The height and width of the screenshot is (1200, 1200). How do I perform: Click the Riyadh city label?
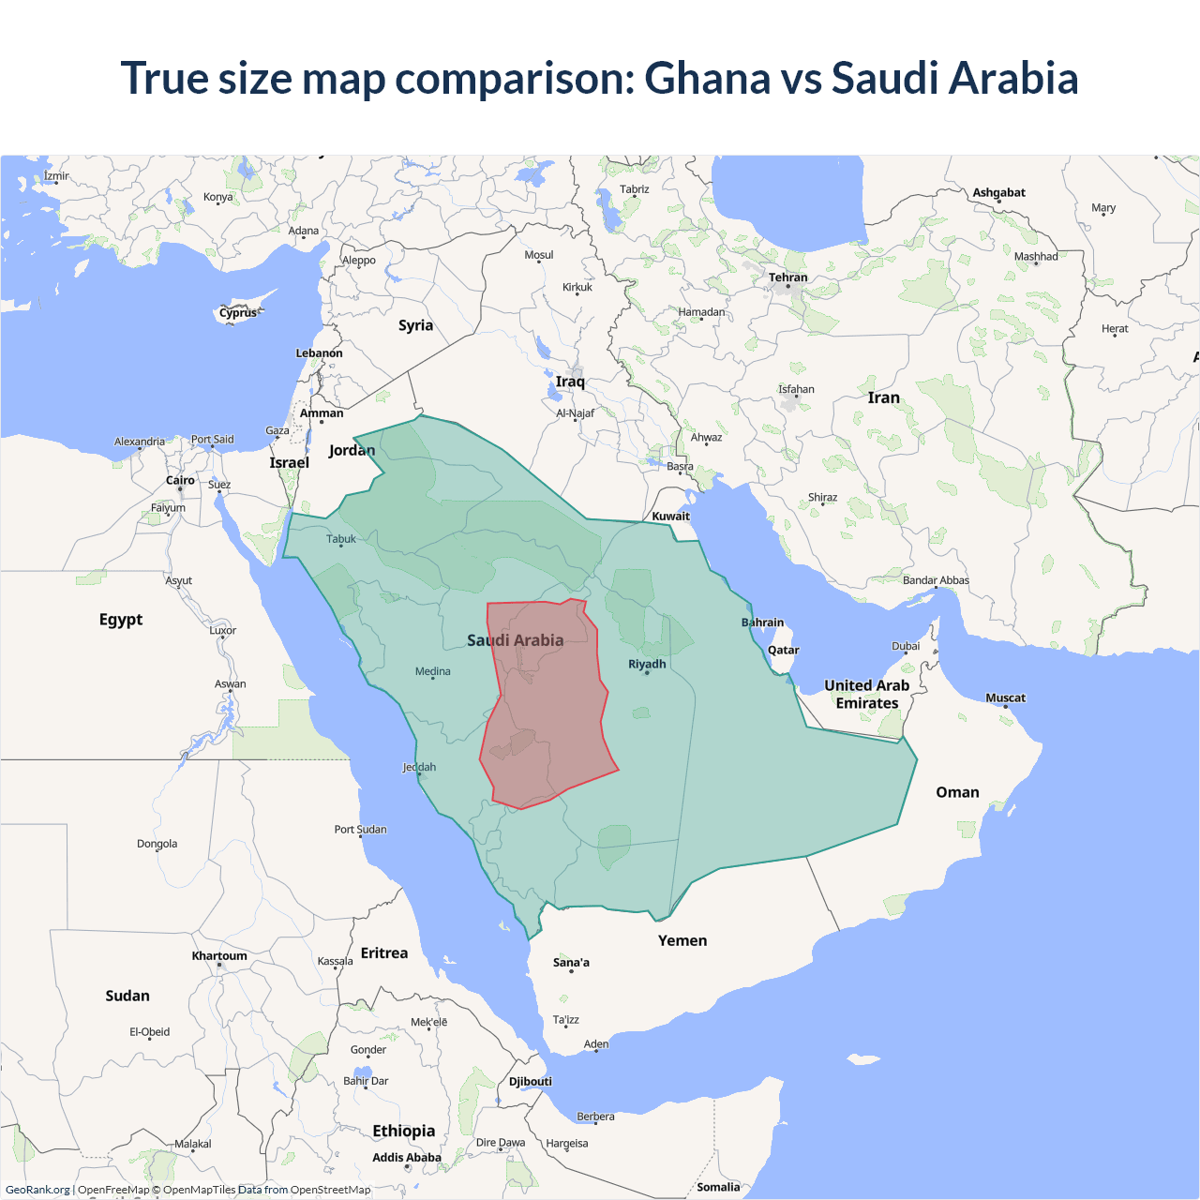pos(647,664)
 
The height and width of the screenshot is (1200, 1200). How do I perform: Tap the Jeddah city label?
pos(419,767)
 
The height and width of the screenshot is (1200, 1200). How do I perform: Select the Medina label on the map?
pos(432,671)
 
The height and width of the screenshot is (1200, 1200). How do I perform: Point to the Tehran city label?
pos(787,277)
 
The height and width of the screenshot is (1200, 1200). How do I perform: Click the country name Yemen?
pos(682,940)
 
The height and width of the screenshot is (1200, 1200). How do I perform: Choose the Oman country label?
pos(957,792)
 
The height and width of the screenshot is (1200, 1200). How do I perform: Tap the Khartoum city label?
pos(219,956)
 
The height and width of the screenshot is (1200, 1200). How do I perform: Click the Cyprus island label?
pos(238,313)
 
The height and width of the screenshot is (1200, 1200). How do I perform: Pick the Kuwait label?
pos(670,516)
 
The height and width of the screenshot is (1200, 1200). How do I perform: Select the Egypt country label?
pos(121,620)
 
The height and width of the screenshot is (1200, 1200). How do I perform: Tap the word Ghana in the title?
pos(707,78)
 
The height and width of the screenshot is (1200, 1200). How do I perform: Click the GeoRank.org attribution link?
pos(37,1190)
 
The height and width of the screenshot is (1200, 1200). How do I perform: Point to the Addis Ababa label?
pos(406,1158)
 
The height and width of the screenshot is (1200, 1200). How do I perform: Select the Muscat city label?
pos(1005,697)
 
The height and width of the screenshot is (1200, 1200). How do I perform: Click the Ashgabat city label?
pos(998,192)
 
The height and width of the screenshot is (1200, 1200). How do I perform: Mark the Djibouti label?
pos(531,1081)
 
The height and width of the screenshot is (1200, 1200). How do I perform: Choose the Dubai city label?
pos(906,646)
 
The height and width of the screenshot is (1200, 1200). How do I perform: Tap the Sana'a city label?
pos(571,962)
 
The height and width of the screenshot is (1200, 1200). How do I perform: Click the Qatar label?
pos(783,650)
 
